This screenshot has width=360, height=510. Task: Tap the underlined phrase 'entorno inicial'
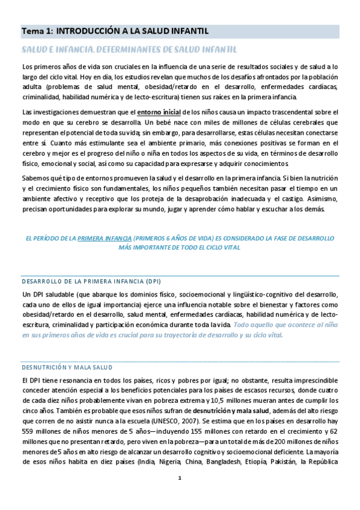(x=159, y=112)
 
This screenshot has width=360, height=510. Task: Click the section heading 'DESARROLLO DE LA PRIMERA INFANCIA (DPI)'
(x=91, y=281)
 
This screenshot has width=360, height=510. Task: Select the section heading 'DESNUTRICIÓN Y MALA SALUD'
(x=71, y=367)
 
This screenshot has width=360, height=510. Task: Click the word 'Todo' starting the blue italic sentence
(x=242, y=325)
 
